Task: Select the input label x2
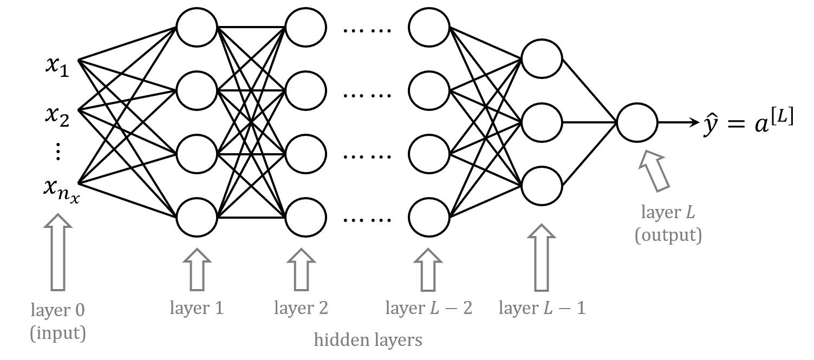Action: click(57, 116)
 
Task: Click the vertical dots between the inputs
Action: click(58, 152)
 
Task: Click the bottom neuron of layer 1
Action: click(197, 217)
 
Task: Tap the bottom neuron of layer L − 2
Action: click(429, 217)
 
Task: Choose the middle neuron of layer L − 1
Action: click(542, 122)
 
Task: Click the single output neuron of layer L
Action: click(637, 122)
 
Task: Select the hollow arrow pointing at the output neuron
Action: click(654, 171)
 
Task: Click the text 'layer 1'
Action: click(197, 308)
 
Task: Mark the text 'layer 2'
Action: click(301, 308)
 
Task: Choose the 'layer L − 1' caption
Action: click(542, 308)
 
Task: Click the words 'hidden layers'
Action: click(368, 340)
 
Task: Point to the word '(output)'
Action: click(668, 235)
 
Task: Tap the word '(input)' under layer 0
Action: click(57, 333)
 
